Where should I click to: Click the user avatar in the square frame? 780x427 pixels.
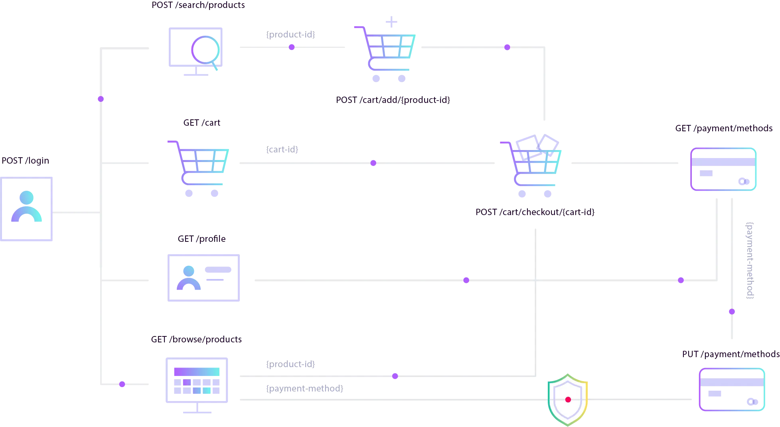(27, 208)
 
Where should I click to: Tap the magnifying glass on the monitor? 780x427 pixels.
(205, 50)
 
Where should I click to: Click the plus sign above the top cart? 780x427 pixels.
(391, 22)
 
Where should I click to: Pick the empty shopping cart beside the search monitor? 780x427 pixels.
(198, 168)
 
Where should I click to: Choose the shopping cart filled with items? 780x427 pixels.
(531, 168)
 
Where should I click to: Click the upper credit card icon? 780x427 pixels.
(723, 169)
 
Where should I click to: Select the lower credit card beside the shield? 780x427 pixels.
(732, 389)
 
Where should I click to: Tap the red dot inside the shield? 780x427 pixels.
(568, 399)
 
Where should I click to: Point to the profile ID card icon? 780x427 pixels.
(204, 277)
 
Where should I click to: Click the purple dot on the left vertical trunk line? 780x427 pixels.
(101, 99)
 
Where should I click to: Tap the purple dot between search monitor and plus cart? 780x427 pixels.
(292, 47)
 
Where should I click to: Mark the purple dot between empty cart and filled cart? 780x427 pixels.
(373, 163)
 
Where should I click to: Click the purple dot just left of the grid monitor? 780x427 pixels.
(122, 384)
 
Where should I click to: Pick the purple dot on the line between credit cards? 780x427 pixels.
(732, 312)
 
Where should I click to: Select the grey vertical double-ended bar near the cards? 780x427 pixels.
(750, 260)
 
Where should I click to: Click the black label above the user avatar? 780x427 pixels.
(26, 161)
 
